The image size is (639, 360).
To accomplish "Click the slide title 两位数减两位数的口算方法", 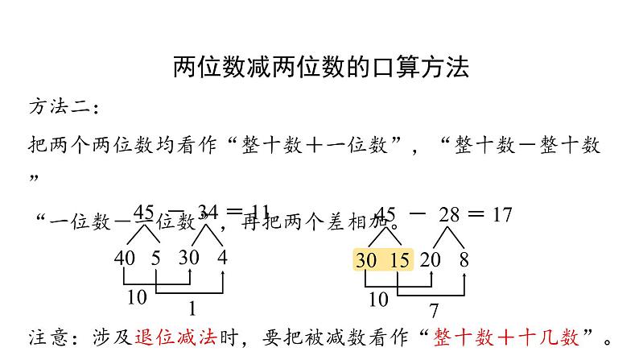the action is tap(320, 67).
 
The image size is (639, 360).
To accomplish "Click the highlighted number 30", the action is tap(366, 259).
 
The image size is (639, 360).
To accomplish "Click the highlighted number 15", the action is tap(399, 259).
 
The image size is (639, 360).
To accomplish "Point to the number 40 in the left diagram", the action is tap(126, 259).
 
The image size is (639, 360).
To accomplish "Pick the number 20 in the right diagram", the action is tap(431, 259).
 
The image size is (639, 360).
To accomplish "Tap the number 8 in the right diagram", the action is tap(464, 259).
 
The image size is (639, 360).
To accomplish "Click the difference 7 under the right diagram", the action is tap(433, 310).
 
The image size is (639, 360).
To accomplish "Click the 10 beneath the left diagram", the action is tap(137, 297).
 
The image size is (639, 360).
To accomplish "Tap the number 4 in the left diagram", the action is tap(223, 259).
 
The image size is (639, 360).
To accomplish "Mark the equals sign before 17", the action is tap(476, 214).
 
